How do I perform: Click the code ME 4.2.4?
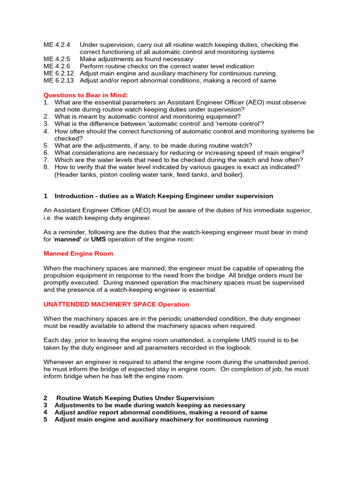[x=57, y=45]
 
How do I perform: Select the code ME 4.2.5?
[x=57, y=59]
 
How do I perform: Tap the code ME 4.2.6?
[x=57, y=66]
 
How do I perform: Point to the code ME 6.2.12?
[x=59, y=73]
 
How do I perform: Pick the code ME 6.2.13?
[x=59, y=80]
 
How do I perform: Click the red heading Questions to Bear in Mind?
[x=85, y=95]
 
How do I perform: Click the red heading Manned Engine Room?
[x=78, y=254]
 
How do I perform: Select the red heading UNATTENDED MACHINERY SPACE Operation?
[x=116, y=304]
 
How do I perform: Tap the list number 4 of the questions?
[x=46, y=131]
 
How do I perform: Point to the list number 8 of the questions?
[x=46, y=166]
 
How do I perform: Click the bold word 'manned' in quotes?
[x=68, y=240]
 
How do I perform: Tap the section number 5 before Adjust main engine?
[x=45, y=420]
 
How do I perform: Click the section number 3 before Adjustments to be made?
[x=45, y=405]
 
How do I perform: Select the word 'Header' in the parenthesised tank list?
[x=67, y=174]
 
